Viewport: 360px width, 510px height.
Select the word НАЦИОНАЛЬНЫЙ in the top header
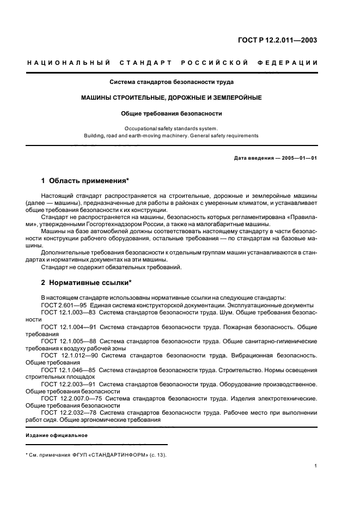click(69, 63)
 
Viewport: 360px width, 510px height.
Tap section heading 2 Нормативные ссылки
click(87, 283)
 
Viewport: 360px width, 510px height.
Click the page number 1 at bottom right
click(316, 466)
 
